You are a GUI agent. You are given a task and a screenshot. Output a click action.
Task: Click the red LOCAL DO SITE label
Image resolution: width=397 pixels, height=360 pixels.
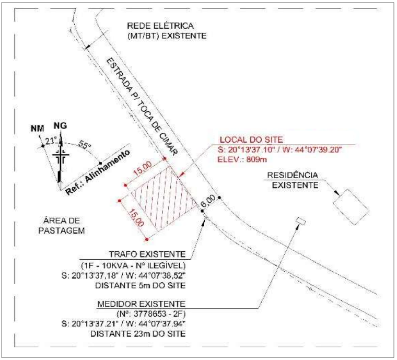(251, 140)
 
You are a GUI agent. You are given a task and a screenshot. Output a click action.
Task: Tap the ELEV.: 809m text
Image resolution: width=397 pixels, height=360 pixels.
(242, 159)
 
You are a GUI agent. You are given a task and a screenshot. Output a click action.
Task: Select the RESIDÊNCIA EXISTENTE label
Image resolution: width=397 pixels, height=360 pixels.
(294, 180)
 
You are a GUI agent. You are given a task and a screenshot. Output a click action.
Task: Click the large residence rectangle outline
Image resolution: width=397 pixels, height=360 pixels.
(351, 206)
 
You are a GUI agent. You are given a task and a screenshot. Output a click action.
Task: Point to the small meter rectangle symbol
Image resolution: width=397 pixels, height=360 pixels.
(301, 221)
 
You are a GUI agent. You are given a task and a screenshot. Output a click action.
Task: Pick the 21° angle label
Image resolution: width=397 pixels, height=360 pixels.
(51, 141)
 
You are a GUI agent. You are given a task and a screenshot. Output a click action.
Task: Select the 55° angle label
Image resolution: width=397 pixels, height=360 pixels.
(85, 145)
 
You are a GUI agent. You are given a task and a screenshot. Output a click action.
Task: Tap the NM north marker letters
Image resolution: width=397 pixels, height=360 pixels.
(37, 129)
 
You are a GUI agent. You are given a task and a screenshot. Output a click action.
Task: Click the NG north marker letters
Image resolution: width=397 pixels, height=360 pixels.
(60, 125)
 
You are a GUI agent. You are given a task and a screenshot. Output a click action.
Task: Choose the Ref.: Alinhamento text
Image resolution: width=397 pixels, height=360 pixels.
(98, 172)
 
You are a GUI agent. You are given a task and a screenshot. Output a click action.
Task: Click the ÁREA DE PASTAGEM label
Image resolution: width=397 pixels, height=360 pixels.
(62, 226)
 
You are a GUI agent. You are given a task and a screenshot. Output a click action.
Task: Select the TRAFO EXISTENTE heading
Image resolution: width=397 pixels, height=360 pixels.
(147, 254)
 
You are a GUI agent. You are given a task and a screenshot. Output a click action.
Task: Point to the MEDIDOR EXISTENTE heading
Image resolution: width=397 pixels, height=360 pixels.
(141, 304)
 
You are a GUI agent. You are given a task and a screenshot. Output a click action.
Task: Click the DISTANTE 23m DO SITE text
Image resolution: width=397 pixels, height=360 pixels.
(138, 334)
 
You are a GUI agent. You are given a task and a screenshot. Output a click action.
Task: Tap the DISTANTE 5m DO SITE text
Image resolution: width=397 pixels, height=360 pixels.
(141, 285)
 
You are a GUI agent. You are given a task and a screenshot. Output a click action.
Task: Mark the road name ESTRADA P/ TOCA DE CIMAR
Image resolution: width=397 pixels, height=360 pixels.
(142, 107)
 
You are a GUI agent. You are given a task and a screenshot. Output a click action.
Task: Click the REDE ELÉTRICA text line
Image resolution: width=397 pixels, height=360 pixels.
(160, 26)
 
